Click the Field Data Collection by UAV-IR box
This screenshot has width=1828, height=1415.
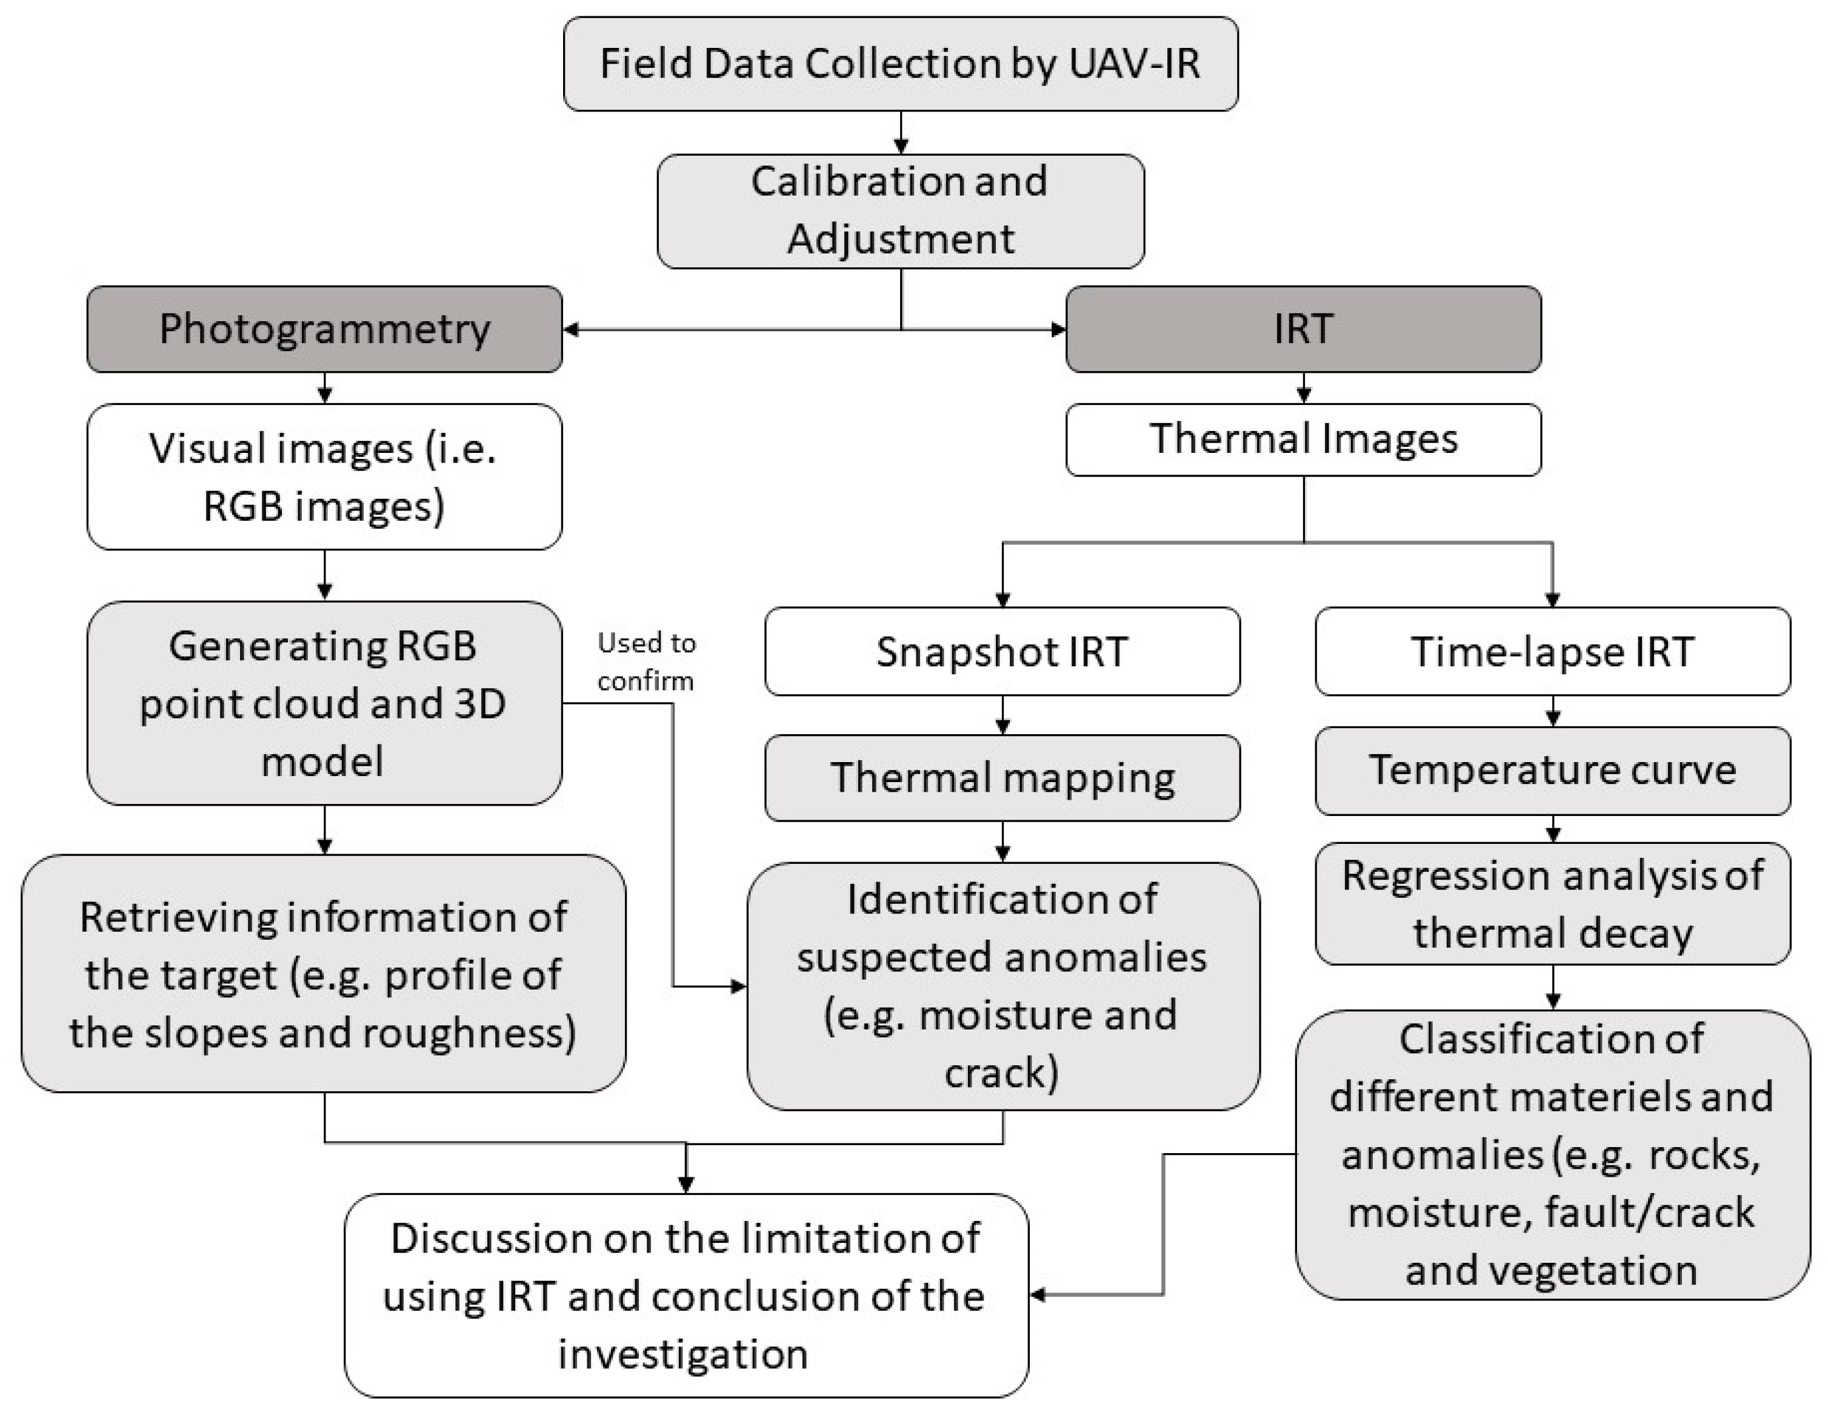pyautogui.click(x=901, y=64)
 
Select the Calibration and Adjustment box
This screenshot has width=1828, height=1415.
pyautogui.click(x=901, y=211)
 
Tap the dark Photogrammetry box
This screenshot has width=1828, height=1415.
pyautogui.click(x=325, y=329)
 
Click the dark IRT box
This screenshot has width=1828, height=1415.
pyautogui.click(x=1303, y=329)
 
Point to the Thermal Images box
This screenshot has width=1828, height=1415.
pyautogui.click(x=1303, y=440)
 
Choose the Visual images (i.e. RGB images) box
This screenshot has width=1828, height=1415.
pyautogui.click(x=325, y=477)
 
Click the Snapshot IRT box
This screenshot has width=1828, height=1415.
pyautogui.click(x=1002, y=651)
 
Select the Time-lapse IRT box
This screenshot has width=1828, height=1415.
pyautogui.click(x=1553, y=651)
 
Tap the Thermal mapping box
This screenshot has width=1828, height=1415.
pyautogui.click(x=1002, y=778)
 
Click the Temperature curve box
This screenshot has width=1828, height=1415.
pyautogui.click(x=1553, y=771)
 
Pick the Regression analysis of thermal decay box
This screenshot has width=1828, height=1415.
pyautogui.click(x=1553, y=905)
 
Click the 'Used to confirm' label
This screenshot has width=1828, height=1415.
pyautogui.click(x=646, y=661)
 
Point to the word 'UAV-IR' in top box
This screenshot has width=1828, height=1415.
pyautogui.click(x=1134, y=64)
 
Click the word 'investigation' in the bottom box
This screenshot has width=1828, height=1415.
pyautogui.click(x=683, y=1354)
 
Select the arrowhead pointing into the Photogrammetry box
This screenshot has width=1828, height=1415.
pyautogui.click(x=571, y=330)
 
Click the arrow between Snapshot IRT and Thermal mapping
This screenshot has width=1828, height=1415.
pyautogui.click(x=1002, y=717)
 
